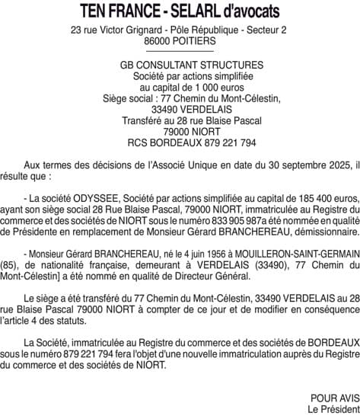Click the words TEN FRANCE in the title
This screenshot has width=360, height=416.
122,11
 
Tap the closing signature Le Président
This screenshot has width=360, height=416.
333,409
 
